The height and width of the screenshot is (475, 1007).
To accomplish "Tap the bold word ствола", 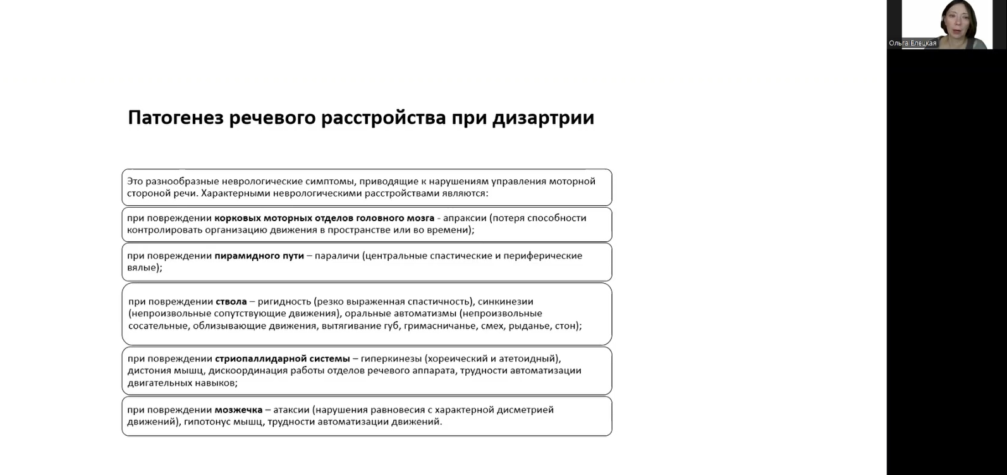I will pos(231,301).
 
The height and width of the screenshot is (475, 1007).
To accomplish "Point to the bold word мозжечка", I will pos(238,410).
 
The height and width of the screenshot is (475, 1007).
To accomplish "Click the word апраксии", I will pos(464,218).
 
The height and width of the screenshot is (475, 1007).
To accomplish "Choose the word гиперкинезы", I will pos(391,359).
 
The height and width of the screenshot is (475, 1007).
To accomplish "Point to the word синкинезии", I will pos(506,301).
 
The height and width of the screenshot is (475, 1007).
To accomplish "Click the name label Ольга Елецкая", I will pos(912,44).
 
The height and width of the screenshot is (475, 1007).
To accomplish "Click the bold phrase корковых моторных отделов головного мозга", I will pos(324,218).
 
